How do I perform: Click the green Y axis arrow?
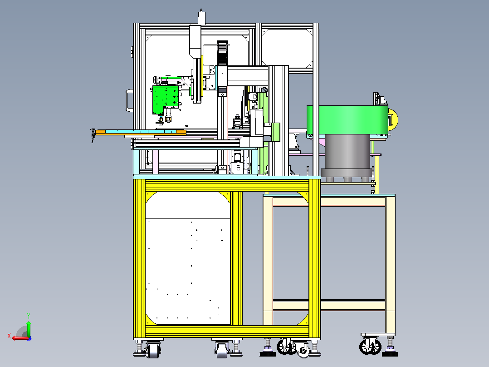pos(29,328)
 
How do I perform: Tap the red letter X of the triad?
pos(9,336)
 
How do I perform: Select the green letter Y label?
pos(29,316)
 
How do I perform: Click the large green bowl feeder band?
pos(347,120)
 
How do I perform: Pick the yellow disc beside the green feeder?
pos(394,119)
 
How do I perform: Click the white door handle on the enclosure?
pos(129,100)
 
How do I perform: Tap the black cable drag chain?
pos(222,53)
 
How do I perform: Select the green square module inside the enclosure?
pos(165,100)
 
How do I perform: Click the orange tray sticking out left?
pos(140,133)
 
